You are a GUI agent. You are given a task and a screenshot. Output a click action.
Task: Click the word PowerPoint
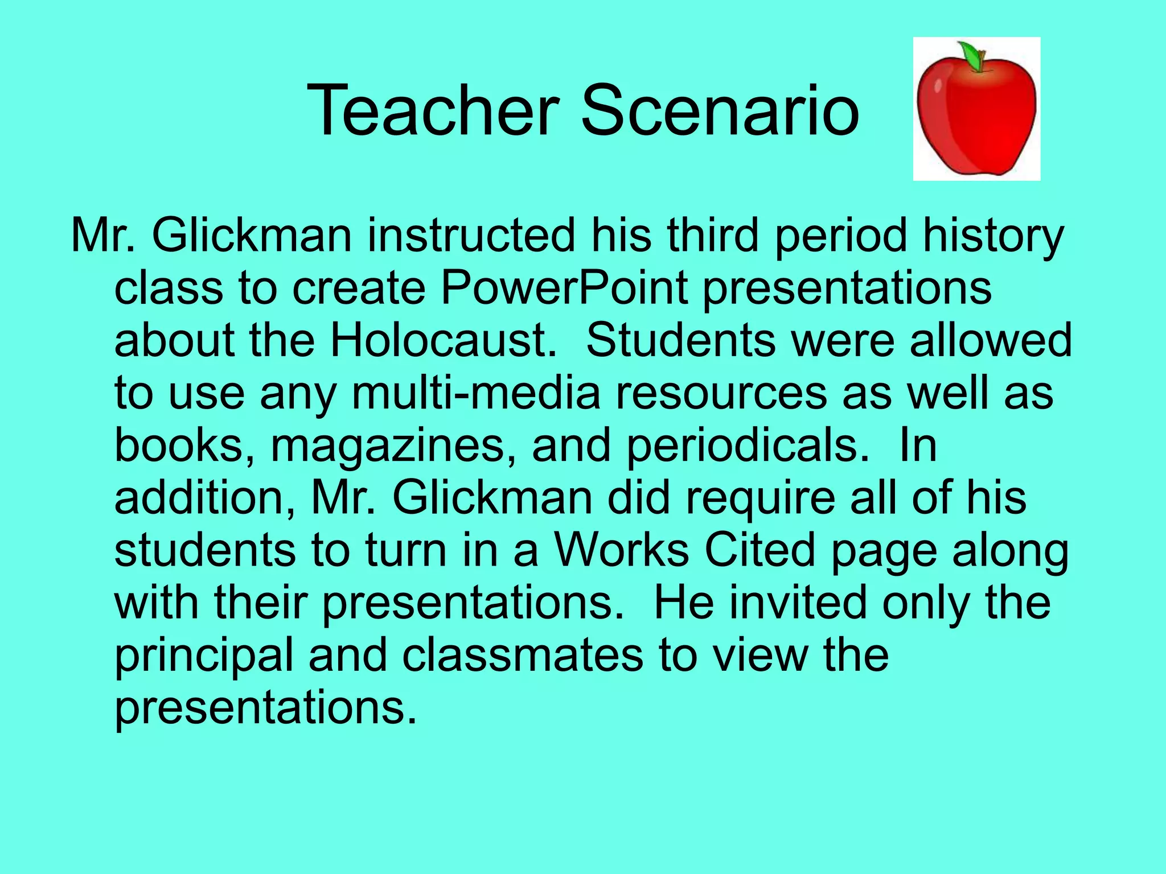[564, 287]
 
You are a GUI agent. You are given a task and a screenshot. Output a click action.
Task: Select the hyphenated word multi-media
[476, 393]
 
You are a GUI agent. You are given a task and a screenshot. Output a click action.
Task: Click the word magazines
[388, 445]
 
